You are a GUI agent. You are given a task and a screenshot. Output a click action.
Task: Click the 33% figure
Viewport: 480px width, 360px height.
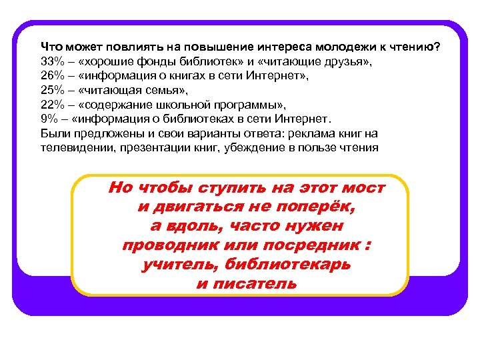[51, 62]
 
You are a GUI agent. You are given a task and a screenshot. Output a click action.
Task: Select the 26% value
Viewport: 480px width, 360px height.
[51, 77]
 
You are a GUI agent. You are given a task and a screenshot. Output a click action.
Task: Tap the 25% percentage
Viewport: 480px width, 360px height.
[51, 91]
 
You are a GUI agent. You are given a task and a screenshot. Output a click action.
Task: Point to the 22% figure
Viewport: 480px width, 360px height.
[51, 105]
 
